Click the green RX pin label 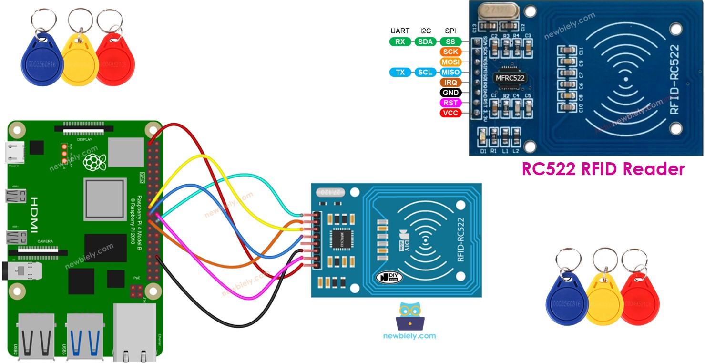[x=400, y=42]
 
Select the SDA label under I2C [x=425, y=42]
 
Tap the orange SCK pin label [x=450, y=52]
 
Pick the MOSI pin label [x=450, y=62]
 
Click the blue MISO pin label [x=450, y=73]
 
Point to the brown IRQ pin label [x=450, y=83]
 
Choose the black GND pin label [x=450, y=93]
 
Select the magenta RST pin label [x=450, y=103]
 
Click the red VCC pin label [x=450, y=113]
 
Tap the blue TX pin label [x=400, y=73]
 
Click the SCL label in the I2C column [x=425, y=73]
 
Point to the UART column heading [x=400, y=31]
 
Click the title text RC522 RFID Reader [x=603, y=169]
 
